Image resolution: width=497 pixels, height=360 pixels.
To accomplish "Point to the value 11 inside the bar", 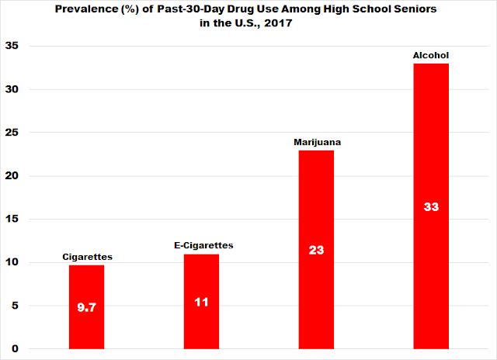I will coord(201,303).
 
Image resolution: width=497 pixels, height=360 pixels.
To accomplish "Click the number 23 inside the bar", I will coord(316,251).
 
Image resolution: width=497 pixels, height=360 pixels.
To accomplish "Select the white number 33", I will coord(431,207).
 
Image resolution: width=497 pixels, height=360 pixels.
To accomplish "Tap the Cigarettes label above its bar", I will coord(86,257).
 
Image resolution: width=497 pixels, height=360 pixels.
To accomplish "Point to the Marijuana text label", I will coord(317,143).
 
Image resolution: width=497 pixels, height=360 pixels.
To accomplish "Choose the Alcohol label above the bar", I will coord(431,56).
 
